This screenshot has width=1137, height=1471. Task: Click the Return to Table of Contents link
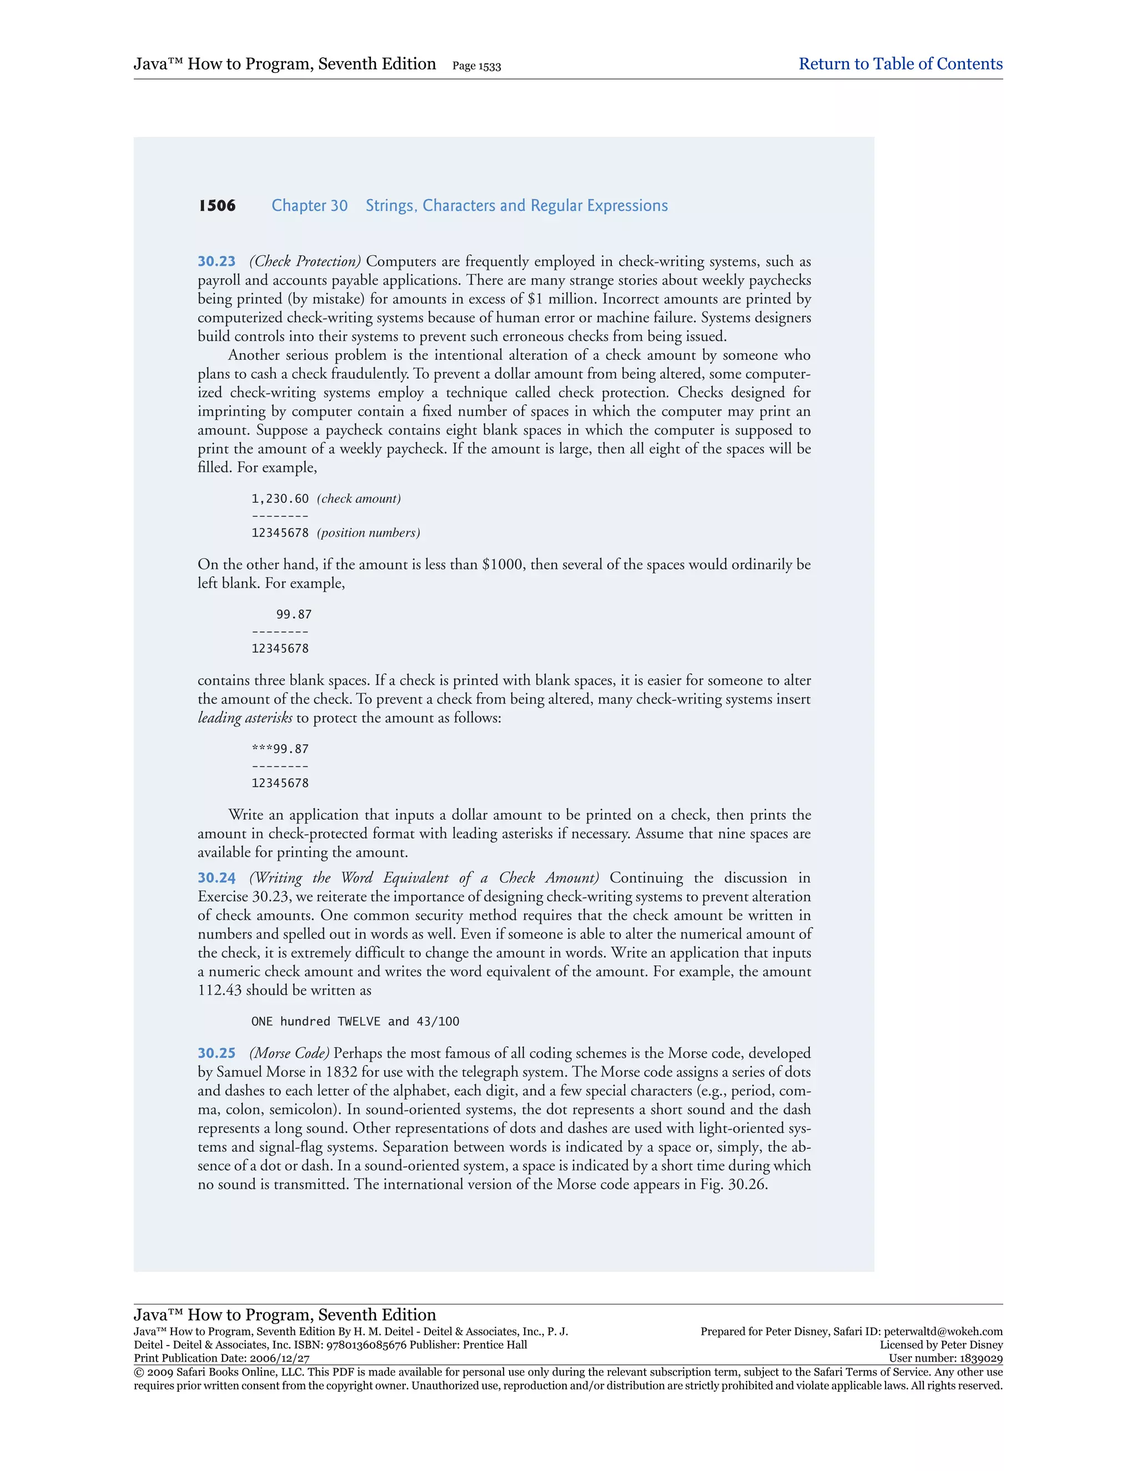pyautogui.click(x=900, y=64)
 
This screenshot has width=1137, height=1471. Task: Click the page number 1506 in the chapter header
pyautogui.click(x=217, y=205)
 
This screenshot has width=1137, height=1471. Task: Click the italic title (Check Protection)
pyautogui.click(x=305, y=261)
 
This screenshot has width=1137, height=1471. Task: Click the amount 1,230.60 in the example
pyautogui.click(x=280, y=498)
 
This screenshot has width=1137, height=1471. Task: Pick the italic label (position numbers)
pyautogui.click(x=369, y=533)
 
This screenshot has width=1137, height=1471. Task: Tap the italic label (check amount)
pyautogui.click(x=359, y=498)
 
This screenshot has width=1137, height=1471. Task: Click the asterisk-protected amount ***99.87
pyautogui.click(x=280, y=749)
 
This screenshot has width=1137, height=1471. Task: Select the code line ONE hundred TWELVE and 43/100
pyautogui.click(x=355, y=1021)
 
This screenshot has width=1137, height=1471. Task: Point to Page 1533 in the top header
pyautogui.click(x=476, y=66)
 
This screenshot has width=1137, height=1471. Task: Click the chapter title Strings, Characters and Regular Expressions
pyautogui.click(x=517, y=205)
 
